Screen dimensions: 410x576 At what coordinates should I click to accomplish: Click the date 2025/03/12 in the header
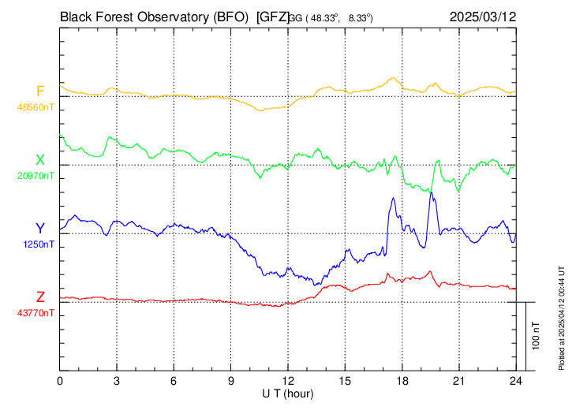pyautogui.click(x=482, y=15)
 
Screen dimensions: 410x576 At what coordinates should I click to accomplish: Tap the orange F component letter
pyautogui.click(x=40, y=91)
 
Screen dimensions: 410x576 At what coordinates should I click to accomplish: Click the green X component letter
pyautogui.click(x=40, y=159)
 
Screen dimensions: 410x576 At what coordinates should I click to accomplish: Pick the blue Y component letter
pyautogui.click(x=40, y=228)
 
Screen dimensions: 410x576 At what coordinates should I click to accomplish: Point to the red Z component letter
pyautogui.click(x=40, y=296)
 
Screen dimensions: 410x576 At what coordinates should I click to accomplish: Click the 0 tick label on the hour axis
pyautogui.click(x=60, y=382)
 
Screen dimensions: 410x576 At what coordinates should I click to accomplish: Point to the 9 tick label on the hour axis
pyautogui.click(x=231, y=382)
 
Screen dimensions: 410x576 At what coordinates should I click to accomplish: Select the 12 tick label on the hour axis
pyautogui.click(x=288, y=382)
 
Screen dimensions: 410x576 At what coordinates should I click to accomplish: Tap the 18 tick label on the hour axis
pyautogui.click(x=402, y=382)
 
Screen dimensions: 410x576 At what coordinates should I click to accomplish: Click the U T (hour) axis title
pyautogui.click(x=288, y=393)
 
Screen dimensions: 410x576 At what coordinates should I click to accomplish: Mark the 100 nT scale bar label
pyautogui.click(x=537, y=335)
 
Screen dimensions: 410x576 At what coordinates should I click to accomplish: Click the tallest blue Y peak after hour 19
pyautogui.click(x=431, y=193)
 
